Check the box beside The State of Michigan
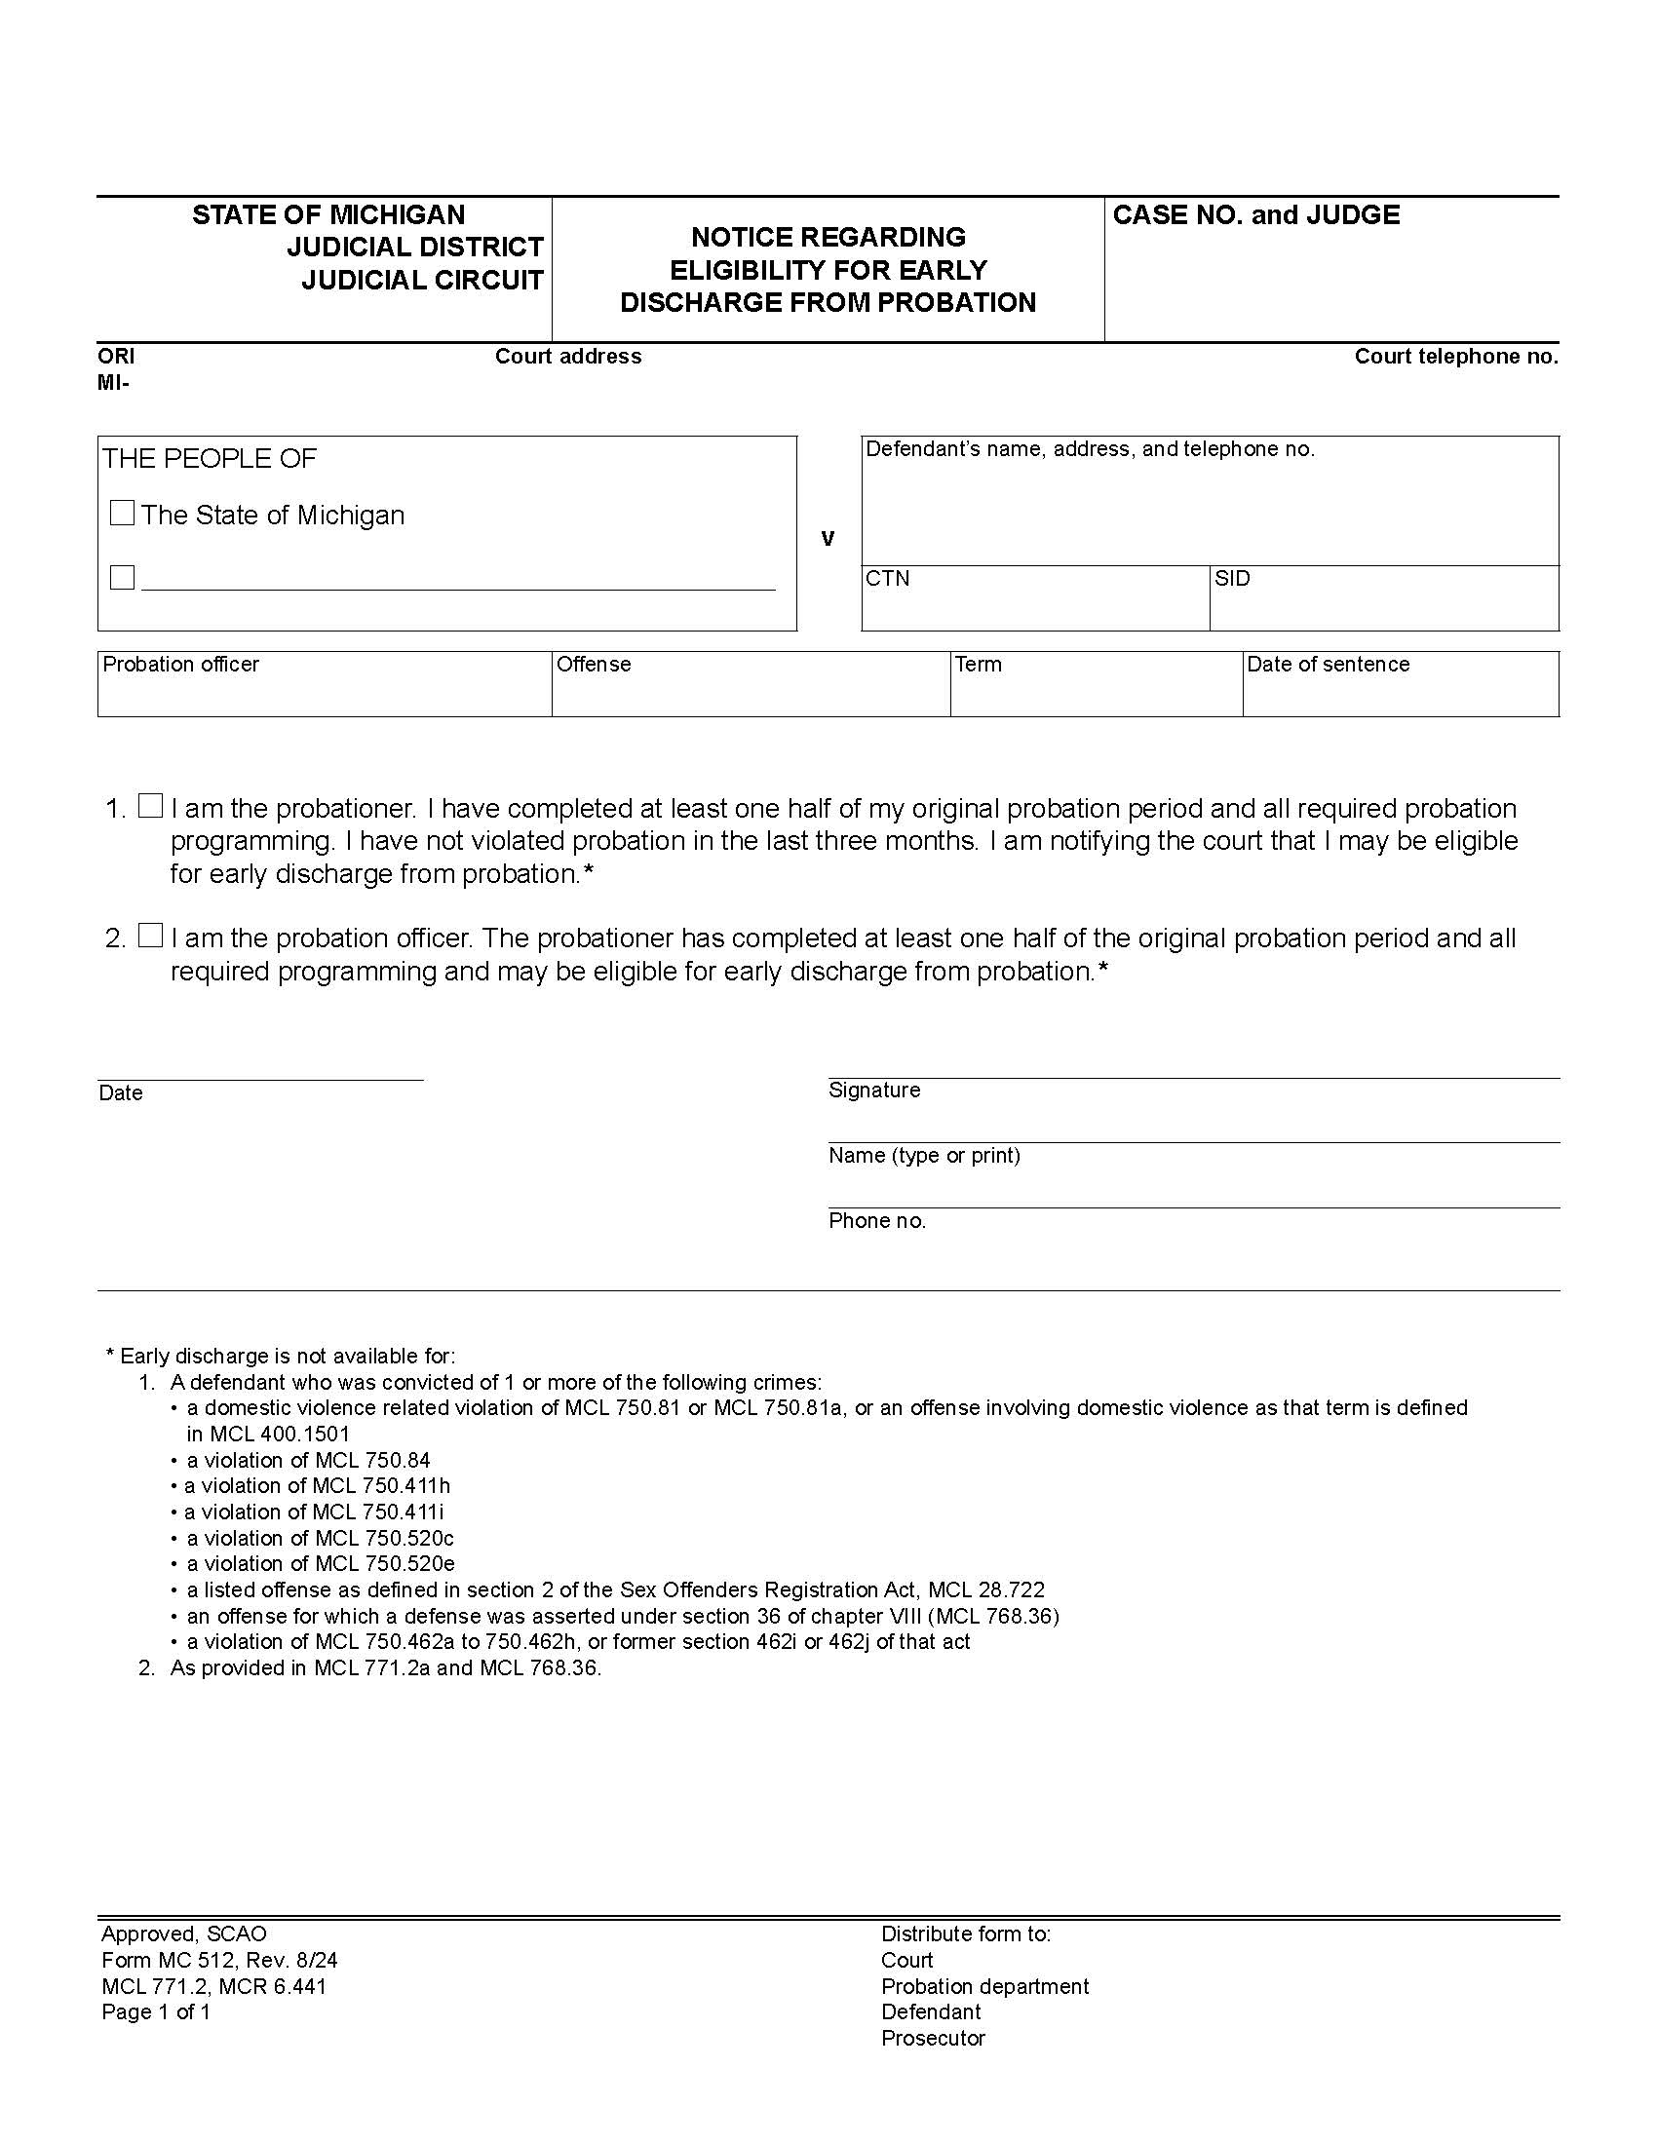(x=122, y=514)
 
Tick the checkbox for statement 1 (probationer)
(x=150, y=806)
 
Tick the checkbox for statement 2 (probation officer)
(x=150, y=936)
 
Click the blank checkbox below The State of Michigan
(x=122, y=577)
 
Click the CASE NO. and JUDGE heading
(x=1255, y=215)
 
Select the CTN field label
(x=887, y=578)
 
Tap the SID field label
(x=1232, y=578)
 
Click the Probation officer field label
(x=180, y=665)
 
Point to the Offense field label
(x=593, y=665)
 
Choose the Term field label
(x=978, y=665)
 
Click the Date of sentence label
(x=1328, y=665)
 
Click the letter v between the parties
(x=828, y=538)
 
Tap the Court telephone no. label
(x=1456, y=357)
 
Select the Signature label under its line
(x=873, y=1090)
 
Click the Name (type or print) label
(x=924, y=1156)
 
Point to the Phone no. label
(x=876, y=1220)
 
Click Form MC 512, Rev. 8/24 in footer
(x=219, y=1961)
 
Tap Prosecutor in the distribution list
(x=933, y=2038)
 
